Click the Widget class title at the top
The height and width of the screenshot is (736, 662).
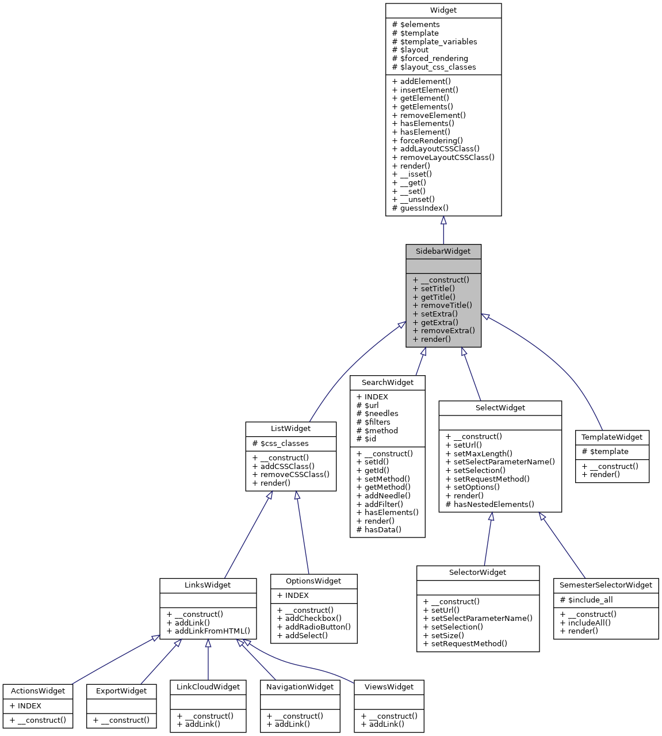point(443,10)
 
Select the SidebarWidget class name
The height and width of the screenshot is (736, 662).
point(443,251)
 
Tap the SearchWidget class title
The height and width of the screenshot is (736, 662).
point(387,383)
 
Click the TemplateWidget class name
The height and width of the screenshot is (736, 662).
point(612,437)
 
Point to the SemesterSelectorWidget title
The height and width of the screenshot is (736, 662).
point(606,585)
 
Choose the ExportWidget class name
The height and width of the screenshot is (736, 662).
point(121,691)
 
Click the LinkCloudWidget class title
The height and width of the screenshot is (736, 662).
point(208,687)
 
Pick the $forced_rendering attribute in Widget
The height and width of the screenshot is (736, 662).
point(434,59)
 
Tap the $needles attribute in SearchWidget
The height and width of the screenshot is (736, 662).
point(381,414)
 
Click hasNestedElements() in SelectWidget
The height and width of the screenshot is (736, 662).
point(493,505)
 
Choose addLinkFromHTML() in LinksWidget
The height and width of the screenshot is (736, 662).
point(212,631)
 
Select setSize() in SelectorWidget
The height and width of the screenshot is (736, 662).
point(447,636)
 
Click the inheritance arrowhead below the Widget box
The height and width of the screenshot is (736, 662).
point(443,221)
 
